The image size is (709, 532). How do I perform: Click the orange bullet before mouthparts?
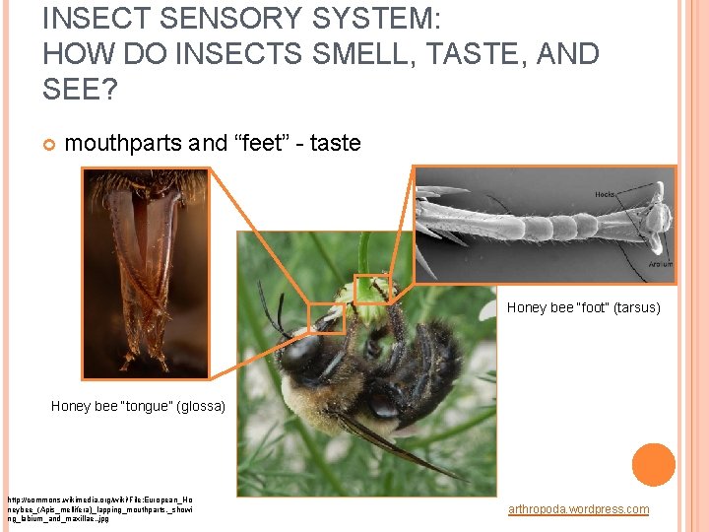[48, 144]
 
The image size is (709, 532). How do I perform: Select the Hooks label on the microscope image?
[605, 194]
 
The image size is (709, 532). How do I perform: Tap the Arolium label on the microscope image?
[660, 264]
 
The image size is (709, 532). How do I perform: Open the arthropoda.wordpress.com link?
[578, 509]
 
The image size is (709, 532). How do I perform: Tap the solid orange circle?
[653, 465]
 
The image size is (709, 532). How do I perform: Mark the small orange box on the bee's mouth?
[326, 318]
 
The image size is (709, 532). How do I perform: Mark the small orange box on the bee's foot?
[372, 287]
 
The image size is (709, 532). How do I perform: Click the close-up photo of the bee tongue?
[145, 273]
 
